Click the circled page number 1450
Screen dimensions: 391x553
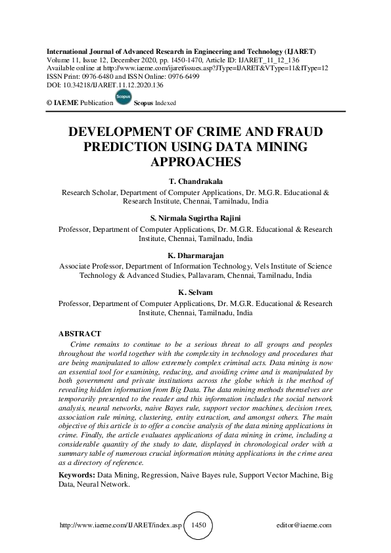[x=198, y=525]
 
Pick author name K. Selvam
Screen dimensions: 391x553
[x=195, y=294]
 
